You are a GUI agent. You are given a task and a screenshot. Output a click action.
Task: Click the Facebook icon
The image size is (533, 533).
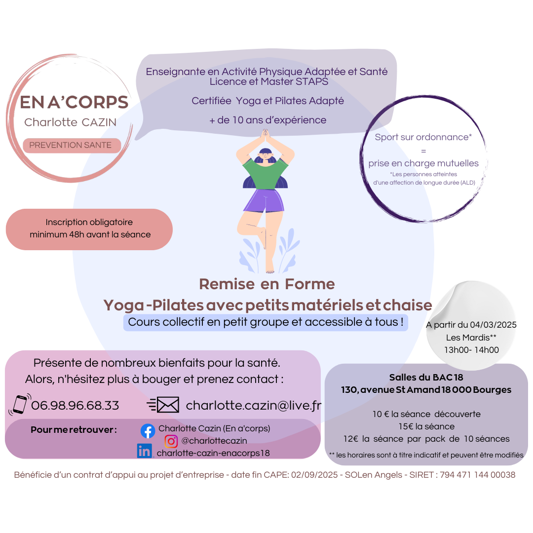[x=148, y=431]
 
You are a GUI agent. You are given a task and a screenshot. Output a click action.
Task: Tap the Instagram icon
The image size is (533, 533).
[x=171, y=441]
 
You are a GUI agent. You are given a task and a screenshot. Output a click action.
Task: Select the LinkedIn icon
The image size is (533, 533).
[x=145, y=451]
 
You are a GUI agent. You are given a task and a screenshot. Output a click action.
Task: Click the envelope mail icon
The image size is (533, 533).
[x=163, y=405]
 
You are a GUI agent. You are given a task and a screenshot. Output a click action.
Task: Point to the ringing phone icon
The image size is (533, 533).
[x=20, y=404]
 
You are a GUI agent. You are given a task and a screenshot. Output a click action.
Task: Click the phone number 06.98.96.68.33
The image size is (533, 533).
[x=75, y=405]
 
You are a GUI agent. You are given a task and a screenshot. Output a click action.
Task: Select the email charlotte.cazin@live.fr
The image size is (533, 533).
[x=254, y=405]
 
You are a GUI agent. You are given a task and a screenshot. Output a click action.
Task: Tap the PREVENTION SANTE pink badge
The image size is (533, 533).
[x=72, y=146]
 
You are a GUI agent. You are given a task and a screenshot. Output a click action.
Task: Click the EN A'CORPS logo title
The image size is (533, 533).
[x=74, y=102]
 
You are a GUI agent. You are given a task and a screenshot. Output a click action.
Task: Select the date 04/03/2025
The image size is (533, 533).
[x=493, y=325]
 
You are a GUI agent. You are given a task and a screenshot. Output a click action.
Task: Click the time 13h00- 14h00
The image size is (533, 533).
[x=471, y=350]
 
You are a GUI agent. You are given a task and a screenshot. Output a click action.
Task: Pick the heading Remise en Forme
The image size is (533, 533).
[x=267, y=284]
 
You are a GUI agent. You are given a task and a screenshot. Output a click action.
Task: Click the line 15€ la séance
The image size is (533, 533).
[x=426, y=426]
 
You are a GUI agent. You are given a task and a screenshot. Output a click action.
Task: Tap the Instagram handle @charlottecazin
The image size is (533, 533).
[x=214, y=441]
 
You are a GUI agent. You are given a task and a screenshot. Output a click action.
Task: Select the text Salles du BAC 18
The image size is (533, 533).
[x=426, y=378]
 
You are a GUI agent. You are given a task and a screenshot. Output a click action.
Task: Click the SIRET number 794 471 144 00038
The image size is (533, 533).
[x=478, y=475]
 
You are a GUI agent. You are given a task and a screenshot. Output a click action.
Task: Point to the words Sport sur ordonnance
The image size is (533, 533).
[x=421, y=137]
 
